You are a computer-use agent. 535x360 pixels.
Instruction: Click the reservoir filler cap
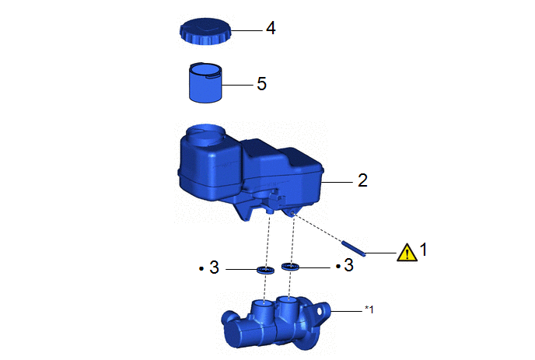pos(205,32)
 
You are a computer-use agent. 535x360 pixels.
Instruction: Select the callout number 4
pos(271,28)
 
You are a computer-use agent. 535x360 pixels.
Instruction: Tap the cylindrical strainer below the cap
pos(205,82)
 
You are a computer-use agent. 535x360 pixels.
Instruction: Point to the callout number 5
pos(262,84)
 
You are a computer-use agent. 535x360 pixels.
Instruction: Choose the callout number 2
pos(362,180)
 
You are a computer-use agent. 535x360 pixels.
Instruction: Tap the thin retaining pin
pos(354,248)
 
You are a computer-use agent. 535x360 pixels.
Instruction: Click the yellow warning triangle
pos(407,253)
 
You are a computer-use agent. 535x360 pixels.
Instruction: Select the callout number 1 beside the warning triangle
pos(424,250)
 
